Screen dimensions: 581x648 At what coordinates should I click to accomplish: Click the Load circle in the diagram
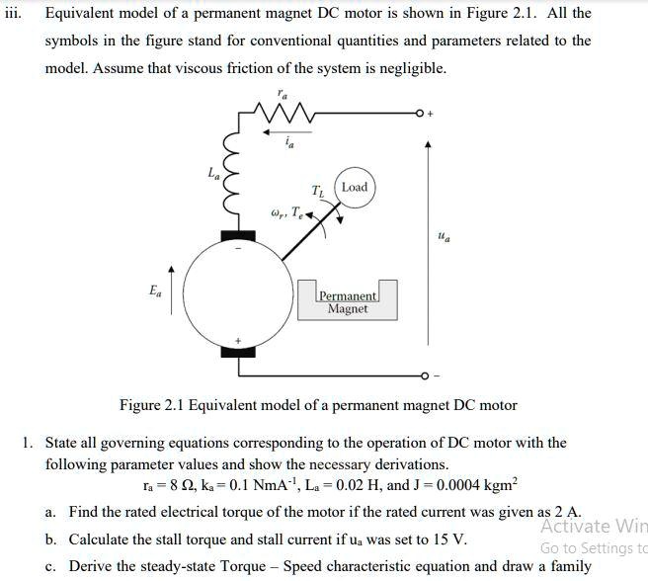(355, 188)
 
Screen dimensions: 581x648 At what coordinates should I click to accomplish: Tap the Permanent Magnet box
(348, 302)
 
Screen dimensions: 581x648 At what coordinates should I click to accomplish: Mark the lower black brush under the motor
(237, 351)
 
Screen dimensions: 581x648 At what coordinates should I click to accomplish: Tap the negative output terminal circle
(424, 375)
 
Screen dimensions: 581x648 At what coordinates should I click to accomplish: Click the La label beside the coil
(213, 175)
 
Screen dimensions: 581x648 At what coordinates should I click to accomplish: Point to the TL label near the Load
(317, 191)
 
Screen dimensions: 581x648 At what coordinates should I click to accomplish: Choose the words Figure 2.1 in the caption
(151, 405)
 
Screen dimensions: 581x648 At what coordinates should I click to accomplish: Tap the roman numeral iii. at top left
(13, 14)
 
